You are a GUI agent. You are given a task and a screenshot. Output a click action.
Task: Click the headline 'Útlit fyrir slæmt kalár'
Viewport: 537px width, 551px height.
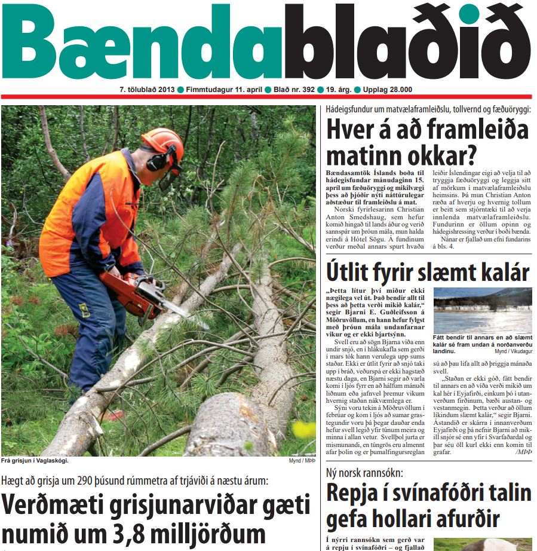pos(428,272)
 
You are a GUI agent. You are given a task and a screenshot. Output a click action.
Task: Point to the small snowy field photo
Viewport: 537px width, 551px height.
pos(482,311)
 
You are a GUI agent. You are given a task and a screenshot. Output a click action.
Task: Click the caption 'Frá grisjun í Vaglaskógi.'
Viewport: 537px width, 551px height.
pos(35,461)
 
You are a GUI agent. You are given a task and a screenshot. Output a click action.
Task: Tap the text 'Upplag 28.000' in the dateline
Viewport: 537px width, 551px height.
pos(387,90)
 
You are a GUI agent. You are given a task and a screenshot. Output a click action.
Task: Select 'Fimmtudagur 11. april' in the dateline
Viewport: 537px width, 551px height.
pos(224,90)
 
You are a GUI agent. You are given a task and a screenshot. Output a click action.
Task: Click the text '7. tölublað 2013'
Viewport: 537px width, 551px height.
pos(146,90)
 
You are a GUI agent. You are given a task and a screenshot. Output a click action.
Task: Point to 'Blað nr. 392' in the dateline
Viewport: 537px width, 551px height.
pos(294,90)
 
